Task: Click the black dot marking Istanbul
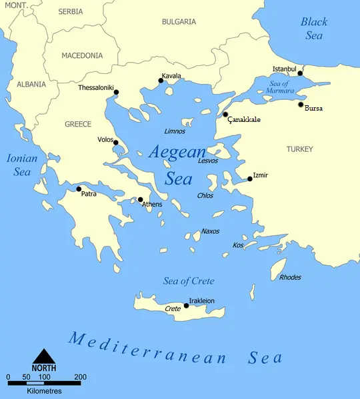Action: click(300, 73)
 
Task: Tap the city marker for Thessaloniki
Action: click(116, 92)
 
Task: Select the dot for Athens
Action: click(140, 199)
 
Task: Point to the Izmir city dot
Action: click(250, 179)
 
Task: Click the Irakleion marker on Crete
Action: click(186, 306)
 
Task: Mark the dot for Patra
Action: click(79, 189)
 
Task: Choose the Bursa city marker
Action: click(301, 105)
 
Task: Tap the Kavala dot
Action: click(161, 81)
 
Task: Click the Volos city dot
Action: click(115, 143)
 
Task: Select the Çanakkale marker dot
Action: click(225, 115)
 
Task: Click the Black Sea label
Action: click(314, 29)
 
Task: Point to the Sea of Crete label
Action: click(189, 281)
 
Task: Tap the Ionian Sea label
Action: click(22, 165)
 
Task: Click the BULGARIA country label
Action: click(179, 21)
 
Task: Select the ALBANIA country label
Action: click(31, 85)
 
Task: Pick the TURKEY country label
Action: click(299, 149)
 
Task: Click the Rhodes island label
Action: click(290, 277)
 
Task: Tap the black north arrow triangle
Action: click(43, 356)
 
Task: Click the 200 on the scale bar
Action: click(80, 378)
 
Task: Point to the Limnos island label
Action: click(174, 131)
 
